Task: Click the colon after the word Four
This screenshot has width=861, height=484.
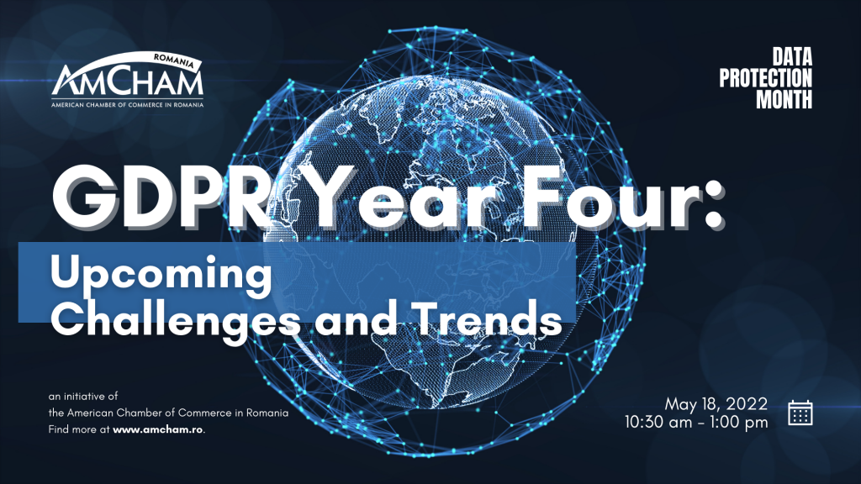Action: (x=713, y=207)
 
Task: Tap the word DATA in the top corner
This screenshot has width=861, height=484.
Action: (x=792, y=57)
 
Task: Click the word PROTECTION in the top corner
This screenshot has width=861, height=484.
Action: (x=765, y=78)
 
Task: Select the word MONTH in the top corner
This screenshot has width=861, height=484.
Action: (x=784, y=99)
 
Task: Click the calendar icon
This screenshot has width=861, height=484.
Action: (x=800, y=413)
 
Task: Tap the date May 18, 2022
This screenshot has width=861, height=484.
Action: (x=716, y=404)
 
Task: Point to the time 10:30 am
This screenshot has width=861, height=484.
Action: (x=658, y=422)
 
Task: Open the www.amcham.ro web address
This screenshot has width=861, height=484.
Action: (x=157, y=429)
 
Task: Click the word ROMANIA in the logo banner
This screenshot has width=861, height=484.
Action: (x=173, y=60)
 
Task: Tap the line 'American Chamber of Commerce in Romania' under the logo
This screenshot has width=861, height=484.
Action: (x=128, y=104)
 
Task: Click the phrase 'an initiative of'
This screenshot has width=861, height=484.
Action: (x=83, y=397)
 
